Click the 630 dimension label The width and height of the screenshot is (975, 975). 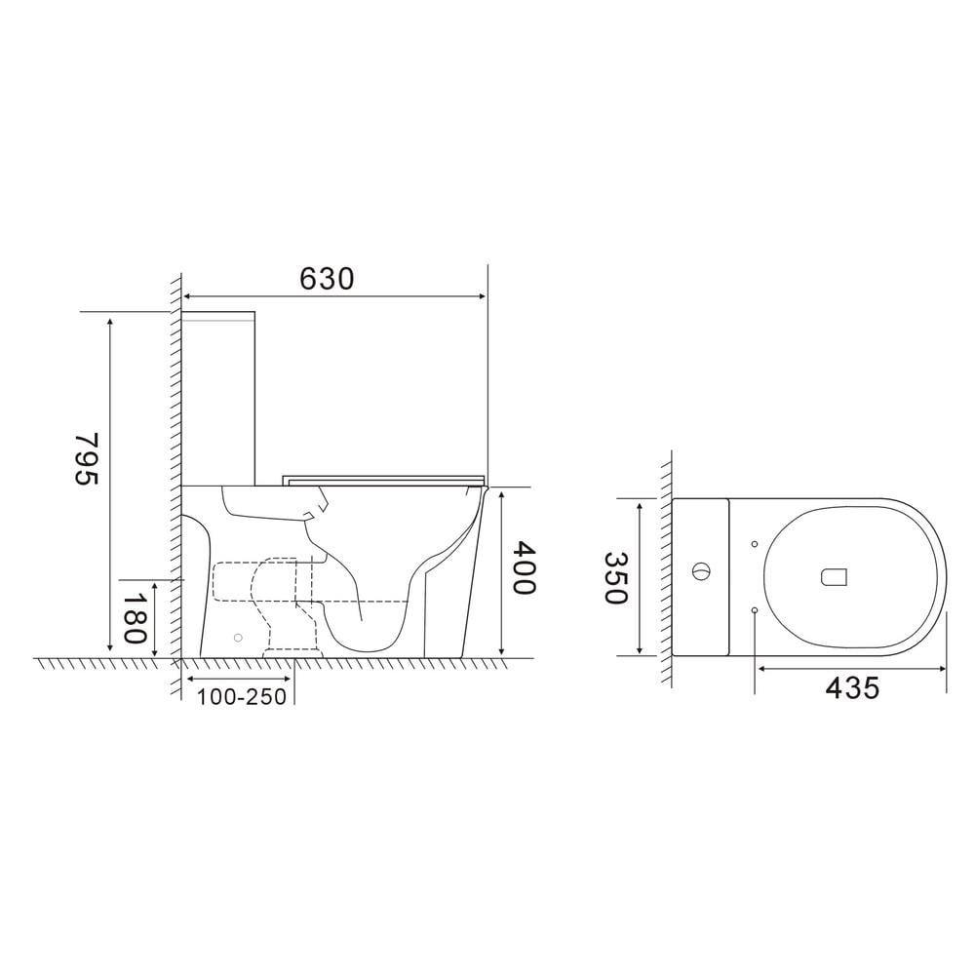326,279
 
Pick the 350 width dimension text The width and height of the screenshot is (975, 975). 615,577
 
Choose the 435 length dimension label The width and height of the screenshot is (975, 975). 852,687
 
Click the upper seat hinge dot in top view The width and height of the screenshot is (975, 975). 756,543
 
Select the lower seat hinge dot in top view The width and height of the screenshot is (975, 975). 756,609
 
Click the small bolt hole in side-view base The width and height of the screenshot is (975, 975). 237,638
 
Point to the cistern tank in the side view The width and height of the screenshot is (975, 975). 219,400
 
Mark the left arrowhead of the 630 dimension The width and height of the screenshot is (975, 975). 188,295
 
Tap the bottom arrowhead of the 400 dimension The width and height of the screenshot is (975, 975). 500,650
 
